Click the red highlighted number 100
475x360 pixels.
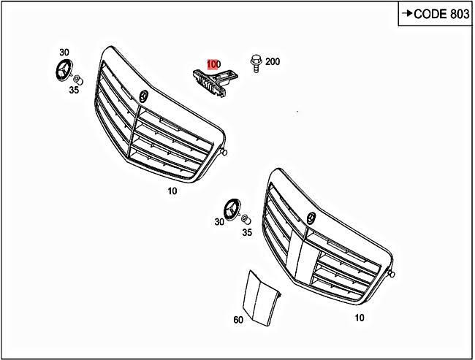pos(213,64)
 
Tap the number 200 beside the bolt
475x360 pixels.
pos(272,62)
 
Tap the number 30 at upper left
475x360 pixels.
pos(64,53)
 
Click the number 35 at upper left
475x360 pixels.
pos(74,91)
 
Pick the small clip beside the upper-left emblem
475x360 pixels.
pos(78,79)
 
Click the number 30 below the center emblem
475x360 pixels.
pos(220,222)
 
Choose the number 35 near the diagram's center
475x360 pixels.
pos(247,232)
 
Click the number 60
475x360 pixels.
pos(237,319)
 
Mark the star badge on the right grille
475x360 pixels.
pos(311,218)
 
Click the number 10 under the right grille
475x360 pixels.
pos(358,318)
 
